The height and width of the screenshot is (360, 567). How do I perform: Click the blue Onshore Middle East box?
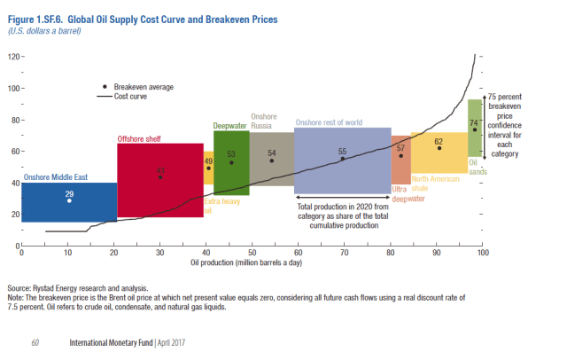pos(69,203)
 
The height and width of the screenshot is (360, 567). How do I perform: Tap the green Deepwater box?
pos(231,163)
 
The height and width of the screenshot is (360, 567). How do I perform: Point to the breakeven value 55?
pos(342,152)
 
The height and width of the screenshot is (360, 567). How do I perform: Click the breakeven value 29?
pos(69,192)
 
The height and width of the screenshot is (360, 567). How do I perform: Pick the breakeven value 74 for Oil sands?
pos(474,123)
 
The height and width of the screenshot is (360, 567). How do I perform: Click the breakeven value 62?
pos(439,141)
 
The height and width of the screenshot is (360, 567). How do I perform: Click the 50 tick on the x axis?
pos(252,254)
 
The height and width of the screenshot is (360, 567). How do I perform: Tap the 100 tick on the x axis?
pos(483,254)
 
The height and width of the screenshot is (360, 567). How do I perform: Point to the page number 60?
pos(35,341)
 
